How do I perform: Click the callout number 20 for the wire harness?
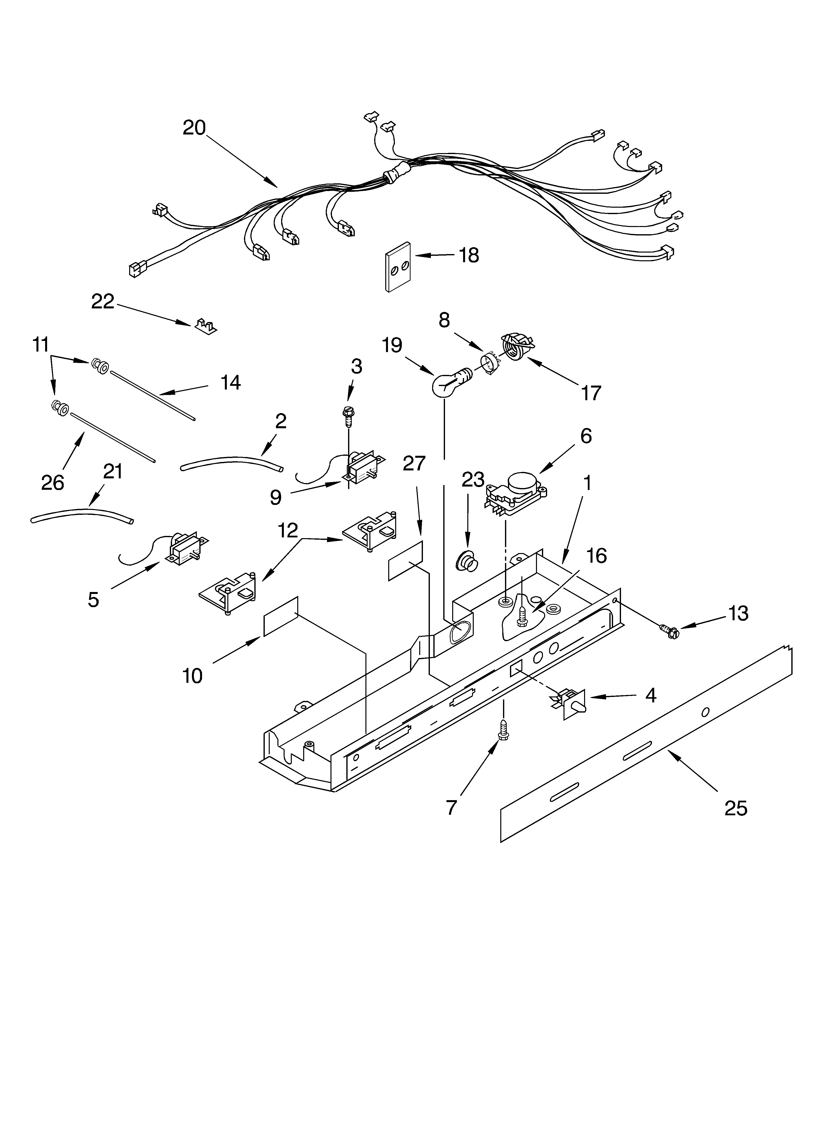click(x=194, y=128)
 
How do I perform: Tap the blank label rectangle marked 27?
click(x=405, y=560)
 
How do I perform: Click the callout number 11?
click(x=40, y=345)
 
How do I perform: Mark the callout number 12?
click(x=287, y=530)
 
